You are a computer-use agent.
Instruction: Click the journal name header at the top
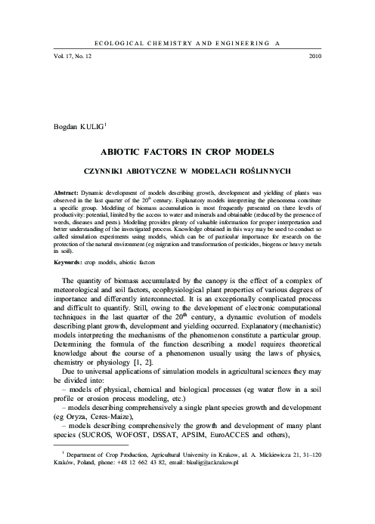[188, 45]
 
